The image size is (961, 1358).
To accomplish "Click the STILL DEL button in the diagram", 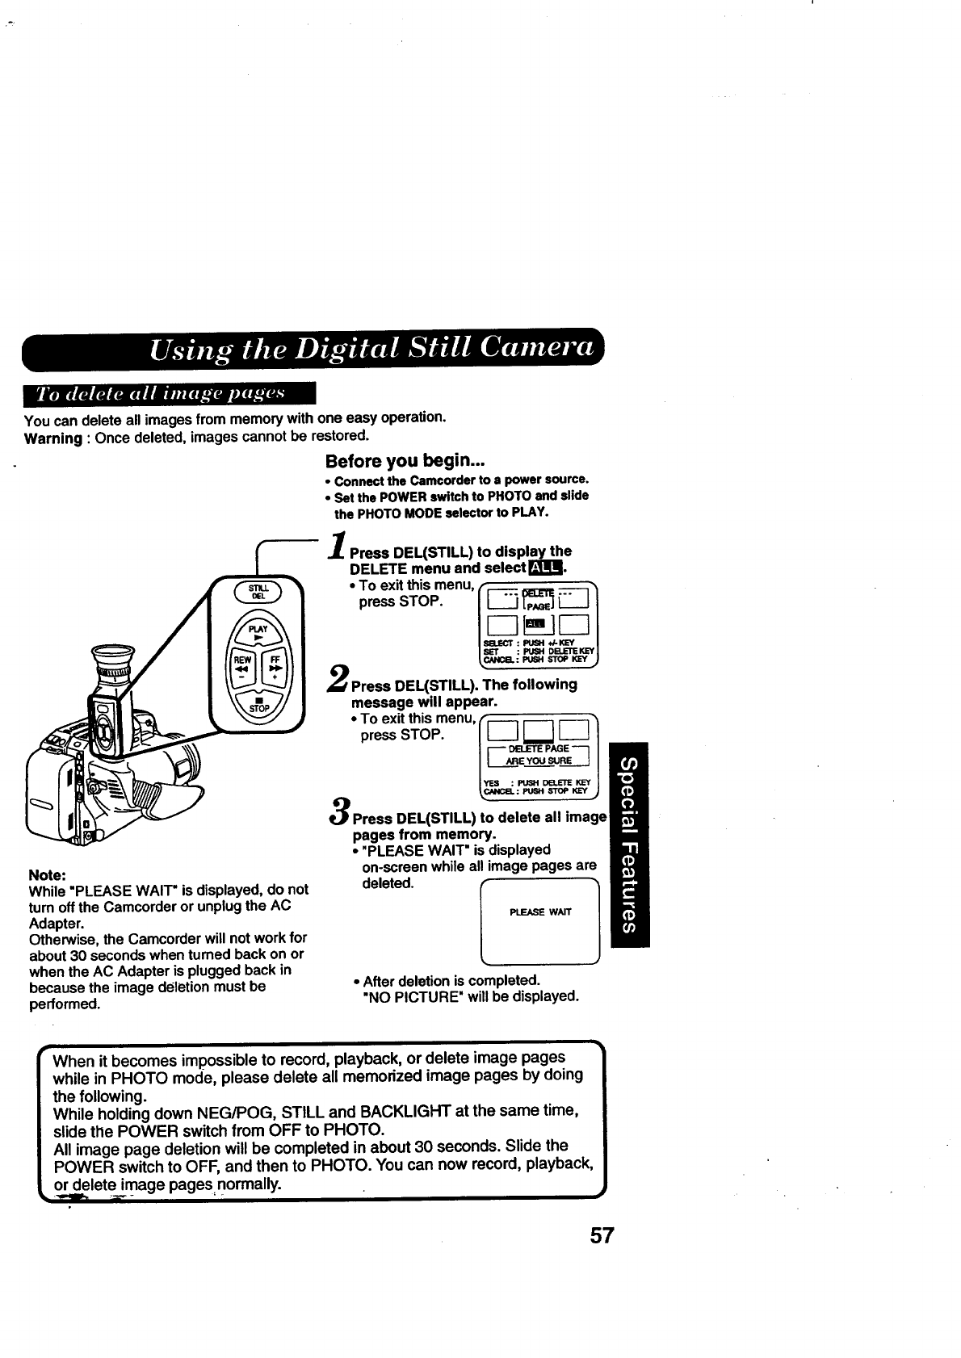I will (x=257, y=591).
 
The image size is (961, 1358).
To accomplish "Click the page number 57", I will (x=602, y=1258).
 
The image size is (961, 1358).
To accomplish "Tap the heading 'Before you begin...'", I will (x=394, y=461).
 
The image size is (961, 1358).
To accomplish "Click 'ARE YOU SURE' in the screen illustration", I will (x=538, y=761).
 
